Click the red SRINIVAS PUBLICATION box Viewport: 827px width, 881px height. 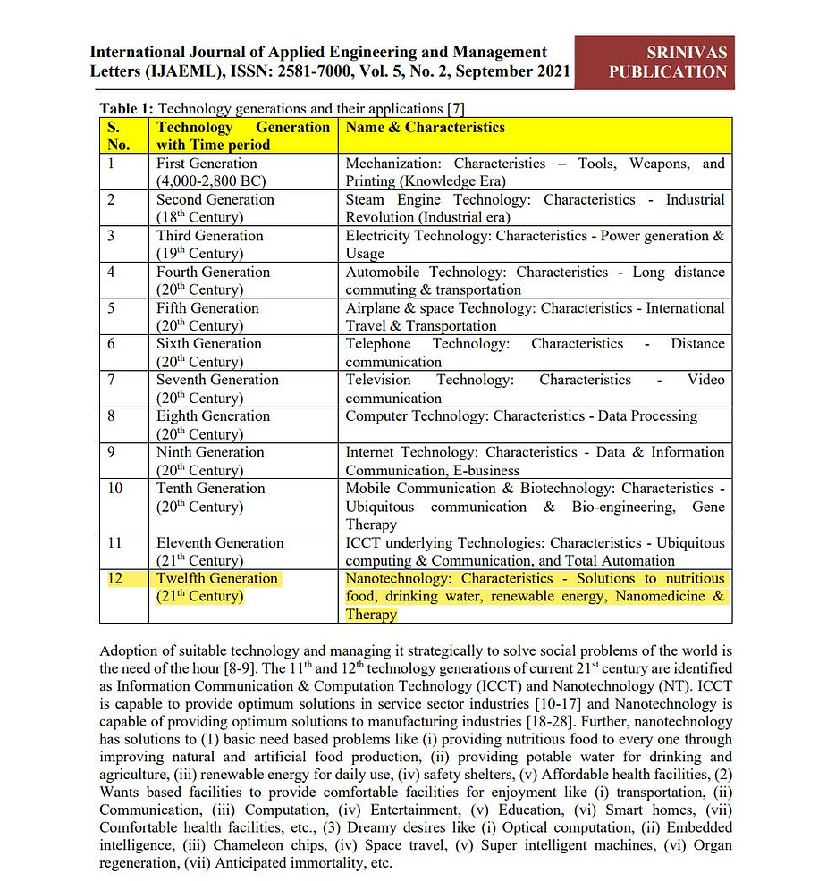(x=654, y=62)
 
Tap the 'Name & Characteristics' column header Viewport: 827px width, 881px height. (x=425, y=128)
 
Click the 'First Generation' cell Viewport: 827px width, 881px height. (x=207, y=164)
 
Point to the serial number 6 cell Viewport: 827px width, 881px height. (x=111, y=344)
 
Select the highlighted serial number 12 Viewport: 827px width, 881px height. (x=115, y=579)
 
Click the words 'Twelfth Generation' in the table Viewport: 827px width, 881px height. (x=217, y=579)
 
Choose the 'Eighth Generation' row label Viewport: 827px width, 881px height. (x=213, y=416)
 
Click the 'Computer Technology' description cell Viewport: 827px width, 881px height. (x=521, y=416)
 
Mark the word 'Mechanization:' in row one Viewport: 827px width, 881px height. (x=395, y=164)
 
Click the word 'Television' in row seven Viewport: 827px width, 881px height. (x=378, y=380)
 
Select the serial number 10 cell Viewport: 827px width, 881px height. (x=115, y=489)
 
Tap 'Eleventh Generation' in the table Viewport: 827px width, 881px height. (x=220, y=543)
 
